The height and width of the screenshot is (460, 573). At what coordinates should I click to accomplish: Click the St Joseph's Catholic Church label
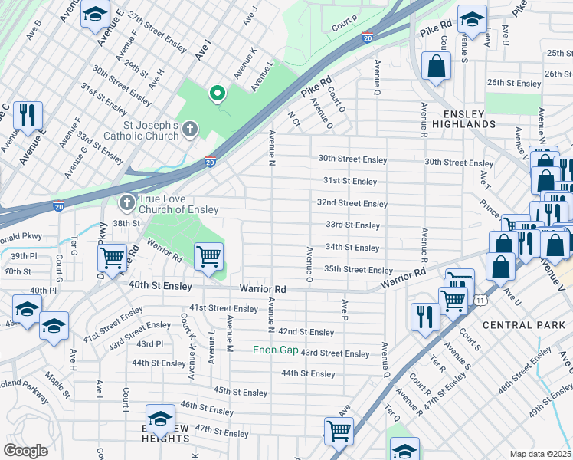click(152, 131)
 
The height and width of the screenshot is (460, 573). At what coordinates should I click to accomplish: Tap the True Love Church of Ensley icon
click(126, 203)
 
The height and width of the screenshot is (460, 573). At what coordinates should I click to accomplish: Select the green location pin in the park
click(218, 94)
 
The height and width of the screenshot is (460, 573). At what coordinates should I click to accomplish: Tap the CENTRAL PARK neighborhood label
click(518, 325)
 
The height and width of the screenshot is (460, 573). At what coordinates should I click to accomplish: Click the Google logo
click(25, 451)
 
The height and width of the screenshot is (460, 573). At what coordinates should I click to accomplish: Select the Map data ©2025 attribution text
click(540, 454)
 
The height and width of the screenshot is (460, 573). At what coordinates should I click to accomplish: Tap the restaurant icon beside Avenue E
click(28, 114)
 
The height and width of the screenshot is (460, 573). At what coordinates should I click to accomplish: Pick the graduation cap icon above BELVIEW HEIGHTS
click(161, 419)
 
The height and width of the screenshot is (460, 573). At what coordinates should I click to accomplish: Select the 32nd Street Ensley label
click(353, 203)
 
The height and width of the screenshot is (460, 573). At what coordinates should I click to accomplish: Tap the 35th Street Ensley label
click(358, 270)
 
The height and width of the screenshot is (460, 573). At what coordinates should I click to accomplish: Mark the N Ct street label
click(292, 119)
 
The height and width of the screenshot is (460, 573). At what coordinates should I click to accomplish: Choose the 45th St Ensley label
click(241, 392)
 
